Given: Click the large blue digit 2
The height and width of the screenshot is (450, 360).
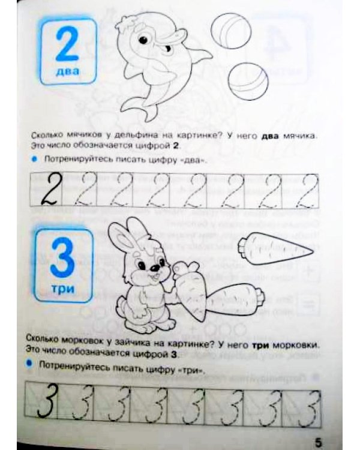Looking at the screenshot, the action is (67, 44).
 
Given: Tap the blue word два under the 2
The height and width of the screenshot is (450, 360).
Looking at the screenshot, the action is (67, 71).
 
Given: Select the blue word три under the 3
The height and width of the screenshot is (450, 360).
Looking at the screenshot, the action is (63, 288).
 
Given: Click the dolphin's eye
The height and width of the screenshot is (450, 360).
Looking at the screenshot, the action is (143, 40).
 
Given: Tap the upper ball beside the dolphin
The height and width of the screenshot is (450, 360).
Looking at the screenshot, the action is (231, 31).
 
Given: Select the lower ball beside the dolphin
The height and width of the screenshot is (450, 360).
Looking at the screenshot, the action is (248, 82).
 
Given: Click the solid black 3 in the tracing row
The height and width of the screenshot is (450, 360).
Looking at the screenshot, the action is (47, 401).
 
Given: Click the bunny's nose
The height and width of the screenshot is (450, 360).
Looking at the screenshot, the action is (154, 268).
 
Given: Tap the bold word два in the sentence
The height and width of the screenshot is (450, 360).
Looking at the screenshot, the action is (269, 136).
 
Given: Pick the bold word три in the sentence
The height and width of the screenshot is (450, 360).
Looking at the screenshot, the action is (260, 345).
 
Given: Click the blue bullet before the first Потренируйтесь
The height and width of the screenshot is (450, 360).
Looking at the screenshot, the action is (34, 159).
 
